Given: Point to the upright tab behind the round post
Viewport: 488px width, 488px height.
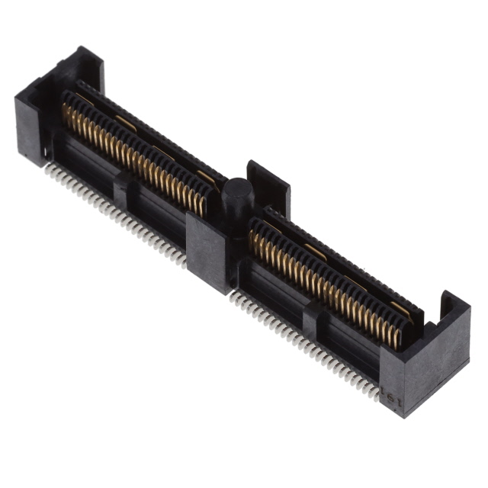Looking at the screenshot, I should point(268,183).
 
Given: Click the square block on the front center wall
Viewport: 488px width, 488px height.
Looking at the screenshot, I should point(207,252).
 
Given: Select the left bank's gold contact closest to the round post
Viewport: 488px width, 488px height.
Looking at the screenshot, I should point(201,202).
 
